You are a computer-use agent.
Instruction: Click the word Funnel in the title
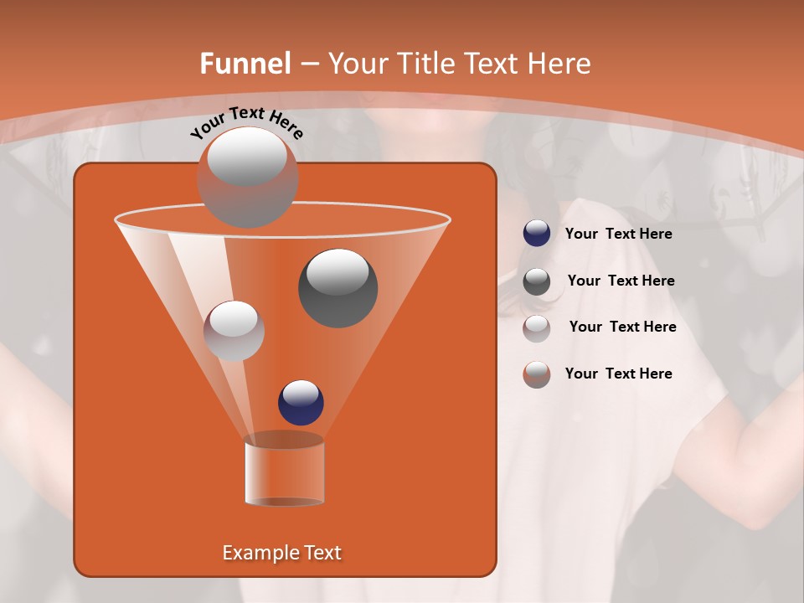[x=245, y=64]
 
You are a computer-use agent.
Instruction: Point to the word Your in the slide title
[x=358, y=64]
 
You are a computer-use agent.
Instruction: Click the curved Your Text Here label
[x=246, y=122]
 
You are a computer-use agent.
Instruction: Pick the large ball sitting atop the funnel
[x=247, y=177]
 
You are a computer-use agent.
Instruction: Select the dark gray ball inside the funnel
[x=338, y=287]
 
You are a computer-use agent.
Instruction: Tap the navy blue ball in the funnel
[x=301, y=402]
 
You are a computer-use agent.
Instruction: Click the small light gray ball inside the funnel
[x=234, y=330]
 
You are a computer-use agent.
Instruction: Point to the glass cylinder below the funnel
[x=284, y=471]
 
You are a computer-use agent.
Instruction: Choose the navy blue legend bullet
[x=537, y=234]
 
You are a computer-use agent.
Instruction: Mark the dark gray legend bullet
[x=537, y=281]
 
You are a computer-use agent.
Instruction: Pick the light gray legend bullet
[x=537, y=327]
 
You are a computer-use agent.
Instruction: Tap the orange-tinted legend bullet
[x=537, y=374]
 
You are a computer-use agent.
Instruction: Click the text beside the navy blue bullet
[x=618, y=234]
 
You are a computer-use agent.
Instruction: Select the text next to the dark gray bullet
[x=621, y=281]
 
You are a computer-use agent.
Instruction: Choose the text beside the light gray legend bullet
[x=622, y=327]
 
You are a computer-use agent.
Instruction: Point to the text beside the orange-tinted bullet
[x=618, y=374]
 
